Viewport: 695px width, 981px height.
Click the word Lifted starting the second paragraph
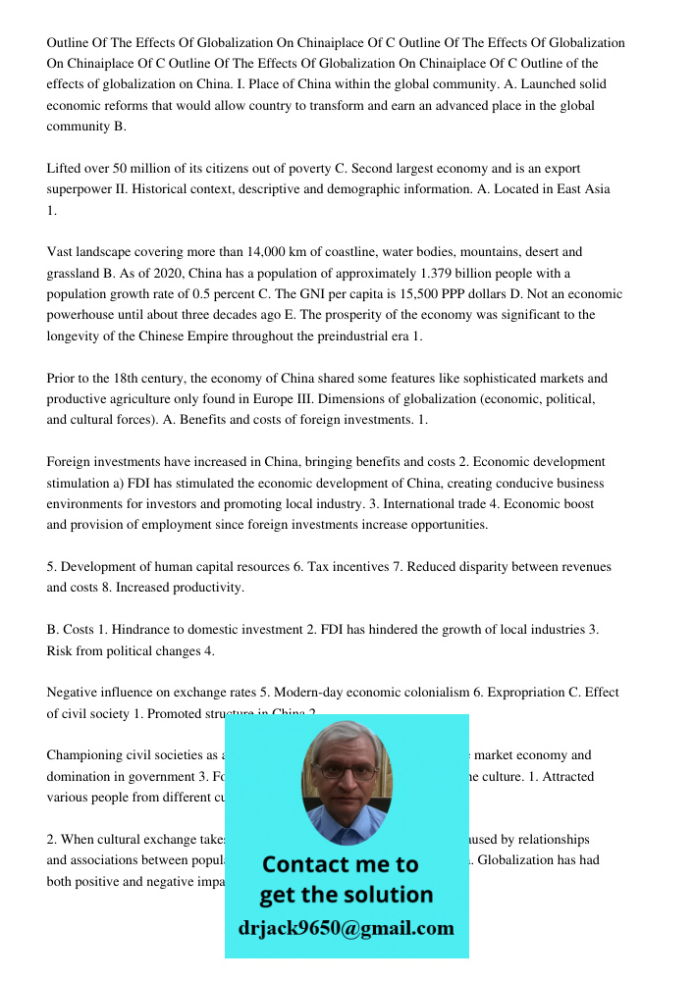click(x=65, y=169)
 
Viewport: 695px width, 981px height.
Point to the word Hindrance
click(x=145, y=629)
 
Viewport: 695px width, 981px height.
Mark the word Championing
click(x=84, y=755)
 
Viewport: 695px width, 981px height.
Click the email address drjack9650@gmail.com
click(x=347, y=928)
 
